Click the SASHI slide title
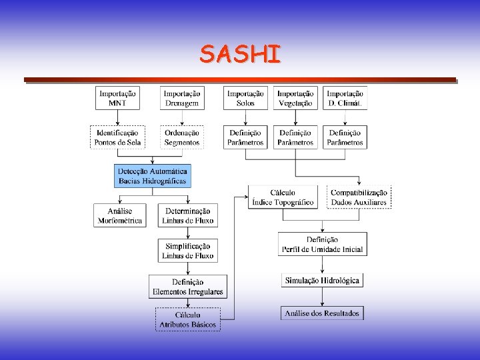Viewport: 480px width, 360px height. (x=240, y=53)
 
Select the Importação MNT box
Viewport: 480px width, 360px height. (x=117, y=99)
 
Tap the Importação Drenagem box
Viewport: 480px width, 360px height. (x=182, y=99)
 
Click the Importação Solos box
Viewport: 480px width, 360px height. (x=245, y=99)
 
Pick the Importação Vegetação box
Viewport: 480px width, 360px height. (x=295, y=99)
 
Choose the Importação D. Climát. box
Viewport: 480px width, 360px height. (x=345, y=99)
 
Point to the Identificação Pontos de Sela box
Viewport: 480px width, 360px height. (x=117, y=137)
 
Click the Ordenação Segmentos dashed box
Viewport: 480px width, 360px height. (x=182, y=137)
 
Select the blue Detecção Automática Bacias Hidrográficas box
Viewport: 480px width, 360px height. (x=153, y=176)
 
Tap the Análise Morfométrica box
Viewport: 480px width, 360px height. (x=120, y=215)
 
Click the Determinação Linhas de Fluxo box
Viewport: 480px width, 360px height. (x=188, y=215)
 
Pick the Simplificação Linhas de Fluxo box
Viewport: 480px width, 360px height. (x=188, y=251)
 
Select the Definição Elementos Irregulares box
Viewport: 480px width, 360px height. (x=188, y=287)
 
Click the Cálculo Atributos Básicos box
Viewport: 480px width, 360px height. (x=188, y=319)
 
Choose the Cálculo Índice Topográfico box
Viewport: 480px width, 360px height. (x=283, y=197)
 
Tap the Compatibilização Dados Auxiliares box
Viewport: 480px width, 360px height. (x=359, y=197)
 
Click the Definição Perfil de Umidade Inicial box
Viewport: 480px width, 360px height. (x=323, y=244)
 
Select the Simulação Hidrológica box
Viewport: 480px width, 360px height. (x=323, y=281)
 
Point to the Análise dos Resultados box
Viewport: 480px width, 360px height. (x=323, y=313)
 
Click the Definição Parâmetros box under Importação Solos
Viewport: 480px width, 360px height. (x=245, y=137)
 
